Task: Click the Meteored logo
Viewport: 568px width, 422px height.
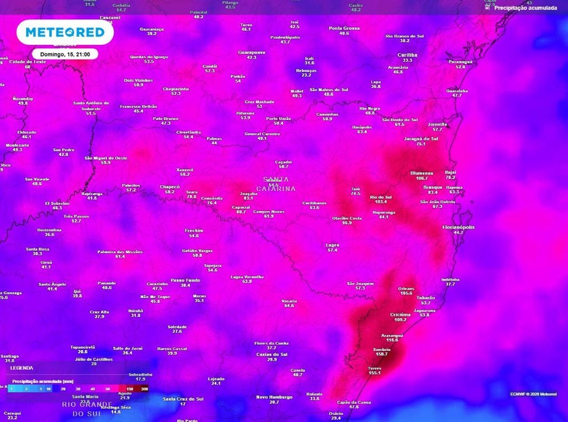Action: pos(65,32)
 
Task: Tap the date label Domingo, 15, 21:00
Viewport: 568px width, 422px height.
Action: pos(65,54)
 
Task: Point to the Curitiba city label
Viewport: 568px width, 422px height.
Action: pos(407,55)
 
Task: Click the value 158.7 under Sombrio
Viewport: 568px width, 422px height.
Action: pos(381,354)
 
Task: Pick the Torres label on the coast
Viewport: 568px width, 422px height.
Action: pos(374,368)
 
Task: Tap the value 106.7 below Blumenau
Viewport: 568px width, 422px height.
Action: pos(422,178)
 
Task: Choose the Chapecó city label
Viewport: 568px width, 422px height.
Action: pos(170,187)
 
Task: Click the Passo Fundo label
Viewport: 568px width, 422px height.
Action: pos(185,280)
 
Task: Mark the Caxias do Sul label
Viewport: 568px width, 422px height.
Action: pos(272,354)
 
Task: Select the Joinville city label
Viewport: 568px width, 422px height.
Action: pos(438,124)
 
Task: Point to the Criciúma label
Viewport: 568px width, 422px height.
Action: pos(400,314)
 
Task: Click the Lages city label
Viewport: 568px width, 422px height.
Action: pos(332,245)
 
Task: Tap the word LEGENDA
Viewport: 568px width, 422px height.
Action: pos(22,368)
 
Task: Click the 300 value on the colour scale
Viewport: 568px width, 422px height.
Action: pos(144,389)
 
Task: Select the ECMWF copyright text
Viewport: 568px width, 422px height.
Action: pos(533,394)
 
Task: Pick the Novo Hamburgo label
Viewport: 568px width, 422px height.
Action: pos(274,396)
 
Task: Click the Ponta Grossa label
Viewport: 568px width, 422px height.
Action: pos(344,28)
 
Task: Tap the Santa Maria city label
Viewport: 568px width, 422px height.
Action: pos(85,396)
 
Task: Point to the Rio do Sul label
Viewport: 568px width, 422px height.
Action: pos(381,197)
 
